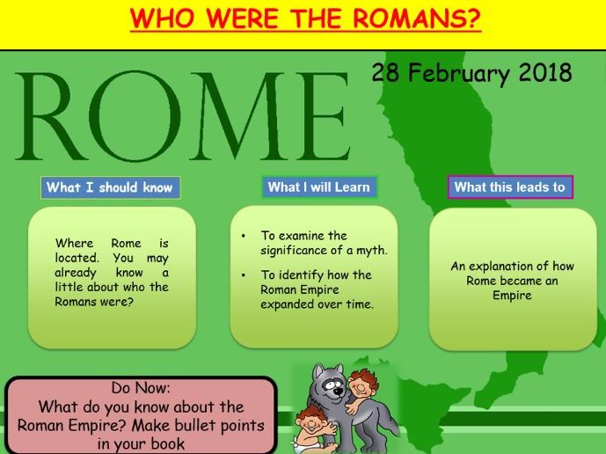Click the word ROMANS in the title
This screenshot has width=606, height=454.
pyautogui.click(x=417, y=18)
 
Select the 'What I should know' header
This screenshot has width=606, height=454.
pyautogui.click(x=110, y=187)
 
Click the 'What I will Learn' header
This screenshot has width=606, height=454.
pyautogui.click(x=319, y=187)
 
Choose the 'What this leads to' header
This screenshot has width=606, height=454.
pyautogui.click(x=510, y=187)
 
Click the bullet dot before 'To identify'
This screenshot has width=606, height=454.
pyautogui.click(x=243, y=275)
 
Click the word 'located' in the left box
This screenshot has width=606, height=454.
pyautogui.click(x=77, y=258)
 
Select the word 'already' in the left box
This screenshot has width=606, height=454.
pyautogui.click(x=76, y=273)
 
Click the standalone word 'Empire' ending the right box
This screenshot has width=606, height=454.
pyautogui.click(x=512, y=296)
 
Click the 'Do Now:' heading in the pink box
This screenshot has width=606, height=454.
pyautogui.click(x=141, y=387)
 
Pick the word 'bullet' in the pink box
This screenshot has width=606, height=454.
pyautogui.click(x=195, y=426)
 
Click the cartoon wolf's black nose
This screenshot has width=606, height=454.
pyautogui.click(x=339, y=392)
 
